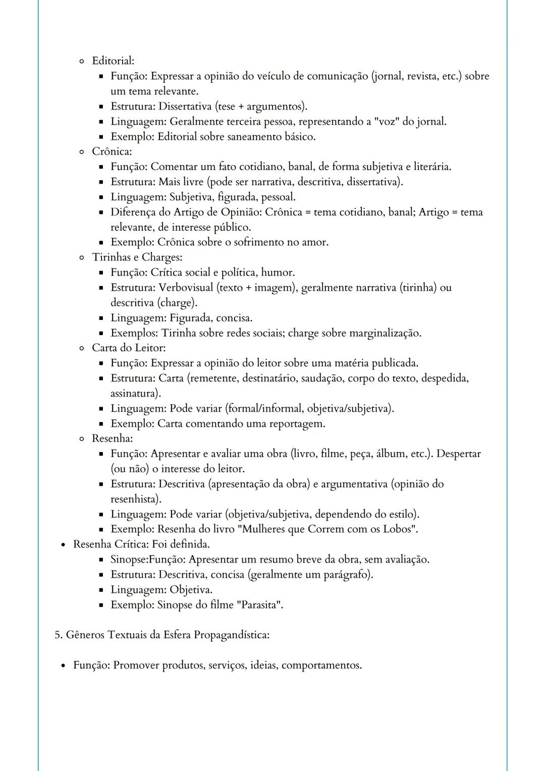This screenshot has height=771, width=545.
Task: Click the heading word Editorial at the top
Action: click(113, 61)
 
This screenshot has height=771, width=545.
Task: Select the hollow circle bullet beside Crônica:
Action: click(81, 152)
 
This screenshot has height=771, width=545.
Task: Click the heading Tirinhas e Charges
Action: click(137, 257)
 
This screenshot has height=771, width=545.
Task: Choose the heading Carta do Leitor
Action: click(128, 348)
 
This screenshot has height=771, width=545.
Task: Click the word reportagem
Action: click(297, 423)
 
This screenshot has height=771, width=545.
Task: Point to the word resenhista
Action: click(135, 499)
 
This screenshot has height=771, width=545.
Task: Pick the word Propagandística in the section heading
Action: click(231, 635)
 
